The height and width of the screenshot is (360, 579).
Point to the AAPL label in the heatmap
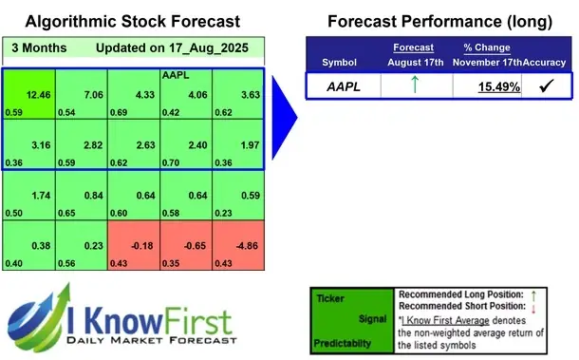[174, 74]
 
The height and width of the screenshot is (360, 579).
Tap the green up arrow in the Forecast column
[415, 85]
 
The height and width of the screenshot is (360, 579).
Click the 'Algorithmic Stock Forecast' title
[132, 20]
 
